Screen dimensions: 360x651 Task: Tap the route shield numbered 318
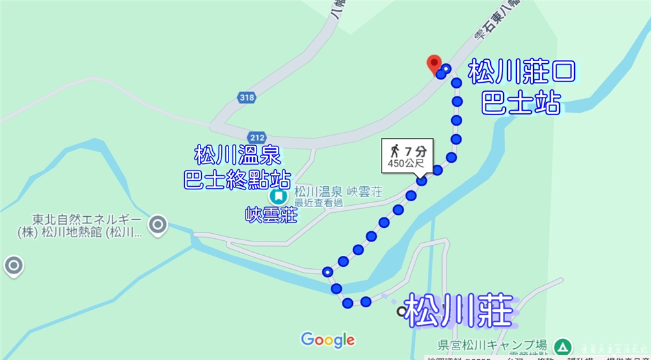pyautogui.click(x=247, y=98)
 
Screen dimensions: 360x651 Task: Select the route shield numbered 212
pyautogui.click(x=257, y=137)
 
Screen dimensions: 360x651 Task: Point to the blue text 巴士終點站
pyautogui.click(x=237, y=179)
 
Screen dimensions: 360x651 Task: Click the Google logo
pyautogui.click(x=327, y=339)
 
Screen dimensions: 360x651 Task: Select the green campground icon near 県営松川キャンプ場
pyautogui.click(x=561, y=346)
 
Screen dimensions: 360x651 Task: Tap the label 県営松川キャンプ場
pyautogui.click(x=492, y=345)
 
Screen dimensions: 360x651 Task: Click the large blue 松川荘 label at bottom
pyautogui.click(x=459, y=310)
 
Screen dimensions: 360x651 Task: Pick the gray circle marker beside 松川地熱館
pyautogui.click(x=158, y=225)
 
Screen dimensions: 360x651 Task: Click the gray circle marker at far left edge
pyautogui.click(x=13, y=266)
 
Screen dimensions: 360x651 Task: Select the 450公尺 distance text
pyautogui.click(x=404, y=163)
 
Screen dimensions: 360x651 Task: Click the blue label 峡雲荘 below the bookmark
pyautogui.click(x=271, y=214)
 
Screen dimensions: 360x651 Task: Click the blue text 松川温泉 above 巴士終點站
pyautogui.click(x=237, y=156)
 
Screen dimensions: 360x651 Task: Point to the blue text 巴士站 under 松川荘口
pyautogui.click(x=521, y=103)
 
